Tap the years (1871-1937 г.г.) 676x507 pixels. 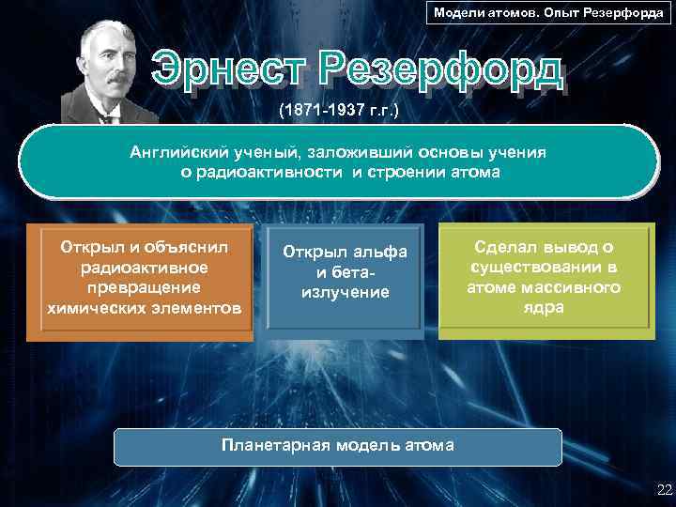click(x=338, y=111)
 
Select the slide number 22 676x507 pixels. click(x=665, y=489)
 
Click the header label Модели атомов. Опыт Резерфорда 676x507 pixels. click(x=548, y=13)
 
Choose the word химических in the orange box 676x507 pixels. click(x=93, y=307)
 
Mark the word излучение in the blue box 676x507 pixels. click(x=345, y=293)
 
